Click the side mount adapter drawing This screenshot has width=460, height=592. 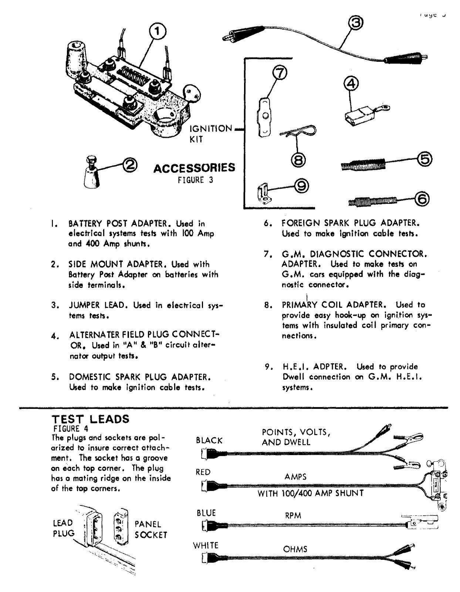point(90,172)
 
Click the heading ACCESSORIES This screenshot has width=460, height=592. point(194,168)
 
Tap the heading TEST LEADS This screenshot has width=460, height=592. point(91,419)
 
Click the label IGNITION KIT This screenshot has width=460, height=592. point(210,134)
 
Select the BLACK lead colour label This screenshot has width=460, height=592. point(209,440)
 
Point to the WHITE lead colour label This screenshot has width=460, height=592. point(206,545)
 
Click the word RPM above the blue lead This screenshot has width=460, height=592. point(293,516)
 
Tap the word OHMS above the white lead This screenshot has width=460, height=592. point(295,549)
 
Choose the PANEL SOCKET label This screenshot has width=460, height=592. point(151,529)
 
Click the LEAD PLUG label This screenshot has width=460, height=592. point(63,528)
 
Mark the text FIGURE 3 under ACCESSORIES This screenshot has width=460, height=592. point(195,180)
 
